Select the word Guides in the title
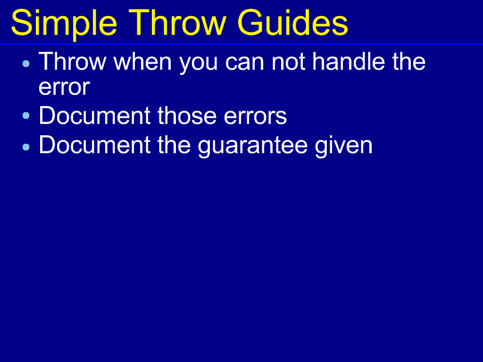292,23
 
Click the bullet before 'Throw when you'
26,64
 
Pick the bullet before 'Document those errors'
26,115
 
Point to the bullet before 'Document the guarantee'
26,147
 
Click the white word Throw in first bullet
72,61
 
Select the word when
142,61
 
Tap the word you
199,64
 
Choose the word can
245,64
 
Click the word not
288,62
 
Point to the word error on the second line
64,87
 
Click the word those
187,116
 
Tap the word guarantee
253,147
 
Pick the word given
343,146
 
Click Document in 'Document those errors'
94,115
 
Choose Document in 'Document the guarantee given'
94,144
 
